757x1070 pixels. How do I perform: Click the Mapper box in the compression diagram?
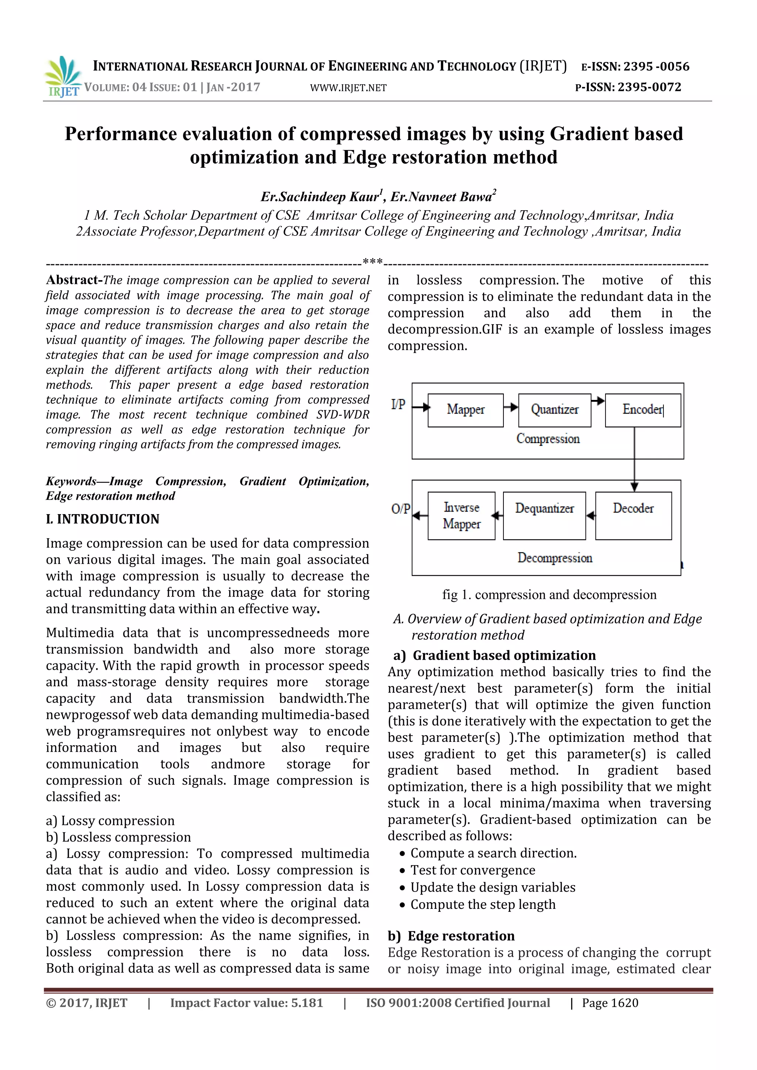pyautogui.click(x=465, y=410)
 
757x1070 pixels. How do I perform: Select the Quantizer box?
pyautogui.click(x=554, y=410)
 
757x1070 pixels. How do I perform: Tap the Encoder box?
pyautogui.click(x=642, y=410)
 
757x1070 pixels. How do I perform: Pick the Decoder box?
pyautogui.click(x=633, y=516)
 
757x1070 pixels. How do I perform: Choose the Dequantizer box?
pyautogui.click(x=544, y=516)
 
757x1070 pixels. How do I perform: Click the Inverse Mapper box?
pyautogui.click(x=461, y=516)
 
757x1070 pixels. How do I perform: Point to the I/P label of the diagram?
pyautogui.click(x=398, y=404)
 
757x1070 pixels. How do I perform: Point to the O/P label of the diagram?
pyautogui.click(x=400, y=509)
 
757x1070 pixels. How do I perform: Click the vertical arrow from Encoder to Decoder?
pyautogui.click(x=634, y=459)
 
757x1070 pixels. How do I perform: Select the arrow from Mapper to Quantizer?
pyautogui.click(x=511, y=407)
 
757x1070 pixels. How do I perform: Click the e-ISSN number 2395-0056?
pyautogui.click(x=656, y=67)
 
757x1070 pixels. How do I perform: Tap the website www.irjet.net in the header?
pyautogui.click(x=348, y=88)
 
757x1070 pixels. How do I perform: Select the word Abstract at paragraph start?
pyautogui.click(x=74, y=280)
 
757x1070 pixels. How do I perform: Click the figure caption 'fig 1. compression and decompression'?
pyautogui.click(x=549, y=595)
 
